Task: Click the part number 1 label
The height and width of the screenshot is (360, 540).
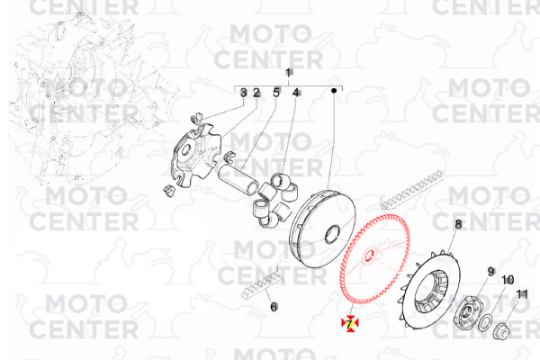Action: coord(288,73)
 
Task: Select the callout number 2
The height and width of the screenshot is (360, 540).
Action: coord(256,93)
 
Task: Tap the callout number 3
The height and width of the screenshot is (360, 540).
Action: coord(244,93)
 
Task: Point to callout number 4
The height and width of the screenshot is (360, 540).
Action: coord(296,93)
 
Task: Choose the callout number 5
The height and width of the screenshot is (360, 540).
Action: coord(276,93)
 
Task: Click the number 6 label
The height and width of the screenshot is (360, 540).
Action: coord(274,307)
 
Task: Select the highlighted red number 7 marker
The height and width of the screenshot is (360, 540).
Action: coord(349,324)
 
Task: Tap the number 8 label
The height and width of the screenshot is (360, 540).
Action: coord(458,225)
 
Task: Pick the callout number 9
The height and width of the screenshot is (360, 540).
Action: coord(490,272)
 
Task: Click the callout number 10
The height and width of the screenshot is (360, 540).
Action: coord(508,280)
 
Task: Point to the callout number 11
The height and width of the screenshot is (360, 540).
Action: coord(522,294)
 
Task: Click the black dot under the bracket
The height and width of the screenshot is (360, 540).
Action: coord(334,91)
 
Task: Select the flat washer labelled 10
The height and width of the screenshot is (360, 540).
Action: coord(485,324)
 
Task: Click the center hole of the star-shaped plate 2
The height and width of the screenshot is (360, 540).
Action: coord(186,150)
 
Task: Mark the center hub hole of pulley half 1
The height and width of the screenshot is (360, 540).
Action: coord(332,235)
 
